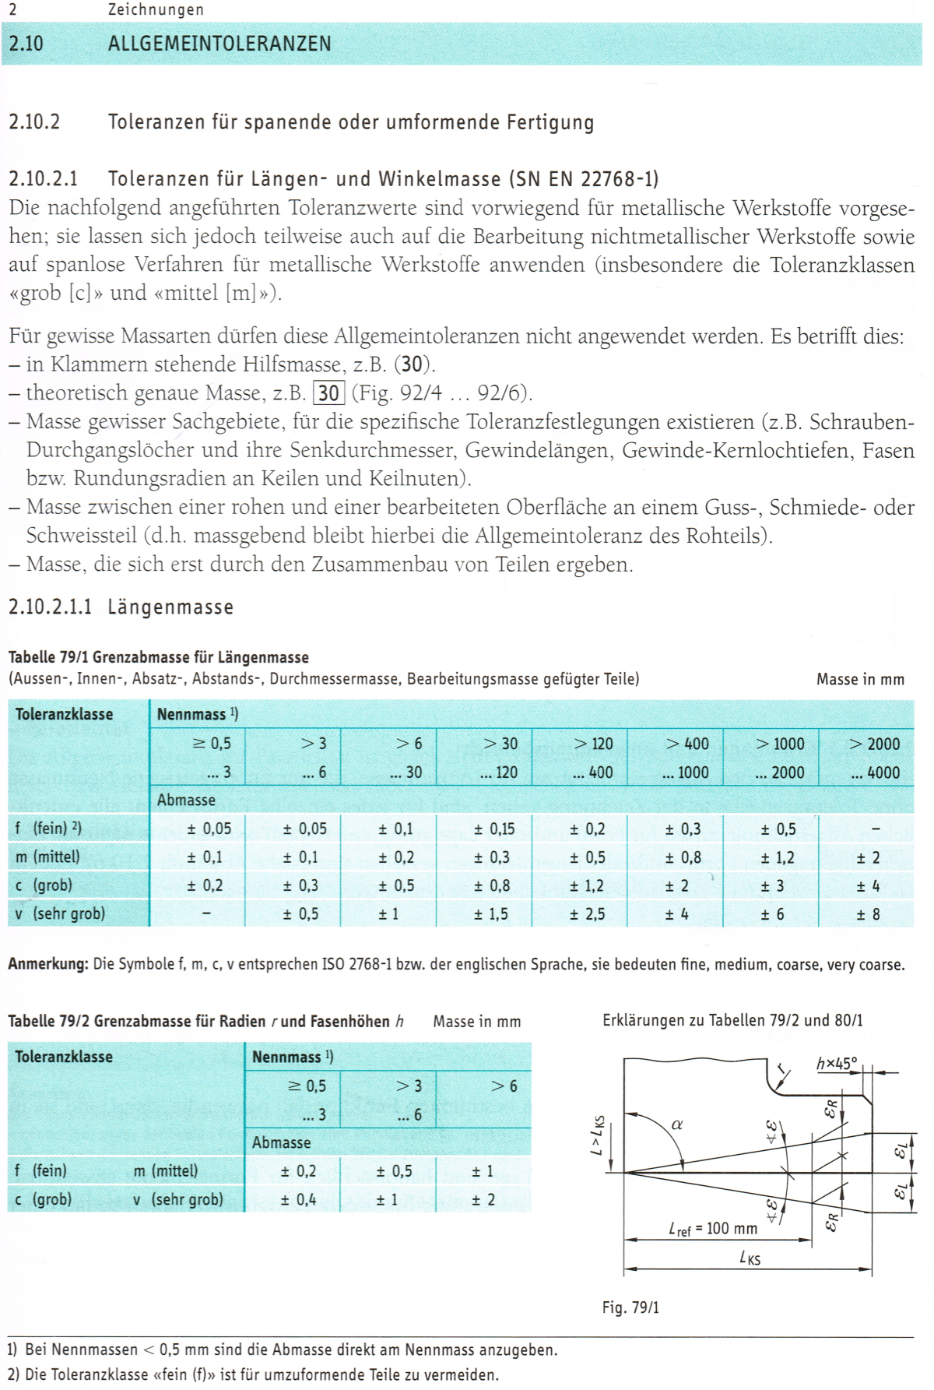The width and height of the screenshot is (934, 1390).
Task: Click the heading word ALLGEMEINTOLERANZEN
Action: coord(219,44)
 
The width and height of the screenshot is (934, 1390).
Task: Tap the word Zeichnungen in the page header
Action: coord(156,9)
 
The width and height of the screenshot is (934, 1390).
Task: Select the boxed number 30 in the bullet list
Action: coord(328,393)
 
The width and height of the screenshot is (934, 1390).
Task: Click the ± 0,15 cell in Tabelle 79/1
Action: coord(494,829)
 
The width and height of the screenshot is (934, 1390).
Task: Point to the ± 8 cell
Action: coord(868,914)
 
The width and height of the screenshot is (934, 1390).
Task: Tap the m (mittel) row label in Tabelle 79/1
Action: coord(47,857)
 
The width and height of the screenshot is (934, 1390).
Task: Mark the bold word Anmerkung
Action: coord(47,964)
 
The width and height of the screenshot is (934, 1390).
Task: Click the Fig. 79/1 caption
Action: coord(630,1307)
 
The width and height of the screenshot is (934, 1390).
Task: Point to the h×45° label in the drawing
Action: coord(837,1063)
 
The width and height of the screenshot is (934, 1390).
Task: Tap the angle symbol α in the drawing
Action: coord(677,1124)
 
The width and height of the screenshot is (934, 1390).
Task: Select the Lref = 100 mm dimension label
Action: coord(713,1229)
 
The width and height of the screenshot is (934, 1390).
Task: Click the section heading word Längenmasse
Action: coord(170,607)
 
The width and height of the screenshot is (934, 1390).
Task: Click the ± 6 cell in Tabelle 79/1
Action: coord(772,914)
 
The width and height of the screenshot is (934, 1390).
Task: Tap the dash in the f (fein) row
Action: coord(876,829)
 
